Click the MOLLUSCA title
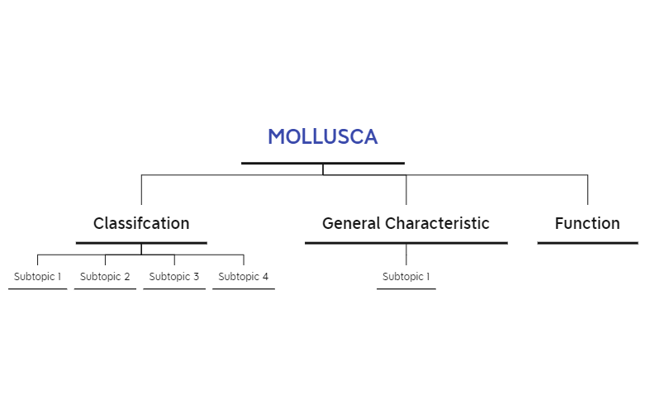click(x=323, y=136)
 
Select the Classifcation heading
click(x=141, y=223)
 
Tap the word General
click(x=351, y=223)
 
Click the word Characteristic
click(x=437, y=223)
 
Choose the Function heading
click(x=587, y=223)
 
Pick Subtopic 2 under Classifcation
click(x=105, y=276)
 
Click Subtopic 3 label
click(x=173, y=276)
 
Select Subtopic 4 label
click(x=243, y=276)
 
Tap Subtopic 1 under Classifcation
click(x=37, y=276)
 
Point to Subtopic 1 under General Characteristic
click(x=406, y=276)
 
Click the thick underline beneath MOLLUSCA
click(x=323, y=164)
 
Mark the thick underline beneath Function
click(x=588, y=243)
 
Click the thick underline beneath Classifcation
click(x=141, y=243)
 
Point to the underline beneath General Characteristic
click(x=406, y=243)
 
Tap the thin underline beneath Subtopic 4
click(x=244, y=288)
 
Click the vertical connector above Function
click(x=587, y=190)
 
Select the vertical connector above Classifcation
click(x=141, y=190)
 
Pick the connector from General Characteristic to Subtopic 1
click(x=406, y=255)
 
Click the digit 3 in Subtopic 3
click(x=196, y=276)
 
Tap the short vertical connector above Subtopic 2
click(x=105, y=260)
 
